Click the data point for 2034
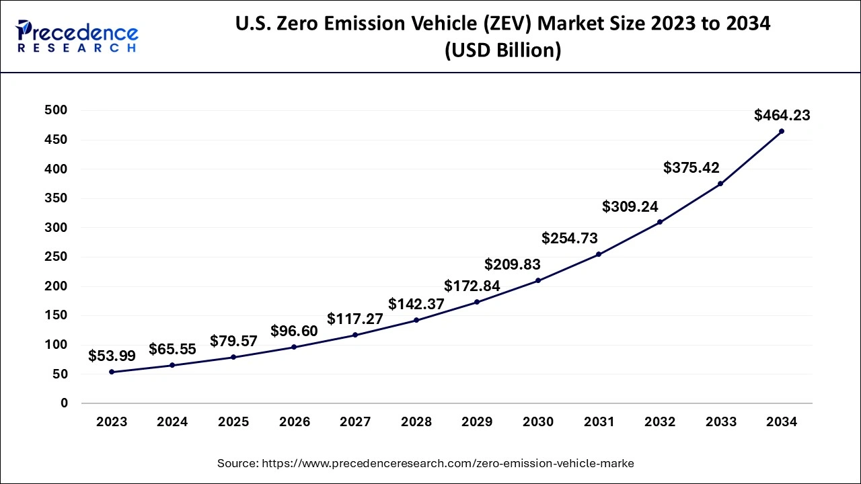[781, 131]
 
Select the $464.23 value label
[782, 116]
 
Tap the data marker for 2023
[112, 372]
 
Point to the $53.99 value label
[112, 356]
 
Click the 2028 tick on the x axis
[416, 422]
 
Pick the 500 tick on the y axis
[56, 110]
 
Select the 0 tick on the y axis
[65, 403]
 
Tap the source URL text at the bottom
[425, 463]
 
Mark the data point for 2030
[538, 280]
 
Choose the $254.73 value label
[569, 238]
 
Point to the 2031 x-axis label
[599, 422]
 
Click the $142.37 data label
[416, 304]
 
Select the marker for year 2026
[295, 347]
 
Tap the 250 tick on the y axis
[56, 257]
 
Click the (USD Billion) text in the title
[502, 50]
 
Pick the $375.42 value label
[691, 167]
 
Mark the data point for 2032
[660, 222]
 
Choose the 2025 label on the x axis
[233, 422]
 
